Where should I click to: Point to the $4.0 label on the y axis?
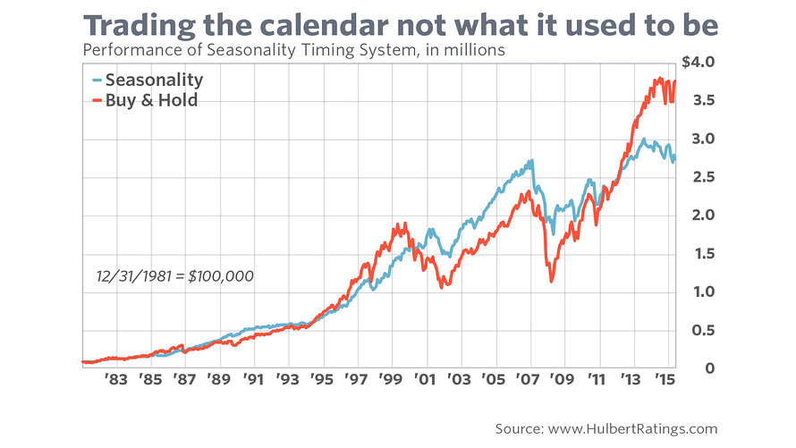[698, 63]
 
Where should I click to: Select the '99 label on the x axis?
[390, 379]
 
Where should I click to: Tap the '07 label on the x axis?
[527, 379]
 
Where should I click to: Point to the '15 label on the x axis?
[663, 379]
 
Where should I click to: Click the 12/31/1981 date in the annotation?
[131, 276]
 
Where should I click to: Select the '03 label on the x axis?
[459, 379]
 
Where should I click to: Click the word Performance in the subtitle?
[126, 51]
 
